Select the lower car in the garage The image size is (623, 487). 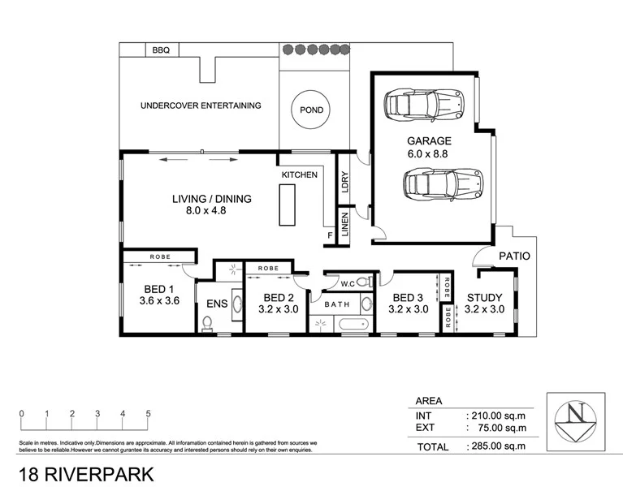click(442, 183)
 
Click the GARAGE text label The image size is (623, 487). click(428, 140)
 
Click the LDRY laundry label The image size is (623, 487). click(344, 179)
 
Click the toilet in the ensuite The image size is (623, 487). click(207, 323)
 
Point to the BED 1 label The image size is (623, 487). click(159, 289)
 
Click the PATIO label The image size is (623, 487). click(513, 256)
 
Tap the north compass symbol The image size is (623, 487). click(576, 418)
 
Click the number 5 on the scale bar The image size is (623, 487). click(148, 413)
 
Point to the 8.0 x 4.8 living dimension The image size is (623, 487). click(212, 212)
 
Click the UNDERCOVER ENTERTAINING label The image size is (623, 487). click(201, 106)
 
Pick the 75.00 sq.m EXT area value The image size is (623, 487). click(497, 427)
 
